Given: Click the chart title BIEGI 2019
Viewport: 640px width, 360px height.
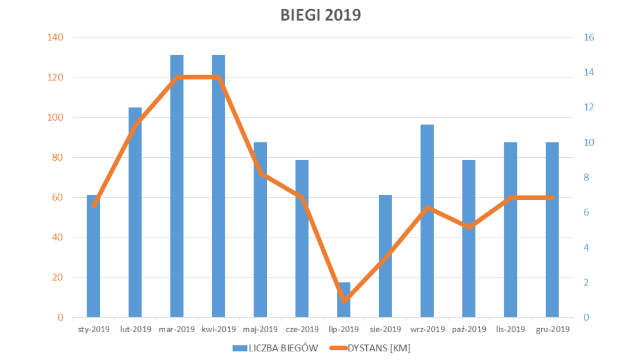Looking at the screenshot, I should [321, 16].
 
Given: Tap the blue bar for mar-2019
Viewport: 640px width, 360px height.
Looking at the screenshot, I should [177, 185].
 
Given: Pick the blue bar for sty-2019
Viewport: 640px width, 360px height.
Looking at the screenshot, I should [94, 257].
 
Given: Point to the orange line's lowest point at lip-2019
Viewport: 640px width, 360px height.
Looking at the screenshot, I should [344, 300].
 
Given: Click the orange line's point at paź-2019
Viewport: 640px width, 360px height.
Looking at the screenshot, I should [468, 227].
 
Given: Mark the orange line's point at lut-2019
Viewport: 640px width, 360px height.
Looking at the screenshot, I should [135, 125].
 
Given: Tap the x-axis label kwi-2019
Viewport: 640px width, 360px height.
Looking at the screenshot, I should [218, 329].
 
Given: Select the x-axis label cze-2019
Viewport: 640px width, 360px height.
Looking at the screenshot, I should [302, 329].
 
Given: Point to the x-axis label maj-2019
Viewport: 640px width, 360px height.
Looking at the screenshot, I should [260, 329].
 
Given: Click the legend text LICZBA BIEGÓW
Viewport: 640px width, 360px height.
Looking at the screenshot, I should [284, 348].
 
